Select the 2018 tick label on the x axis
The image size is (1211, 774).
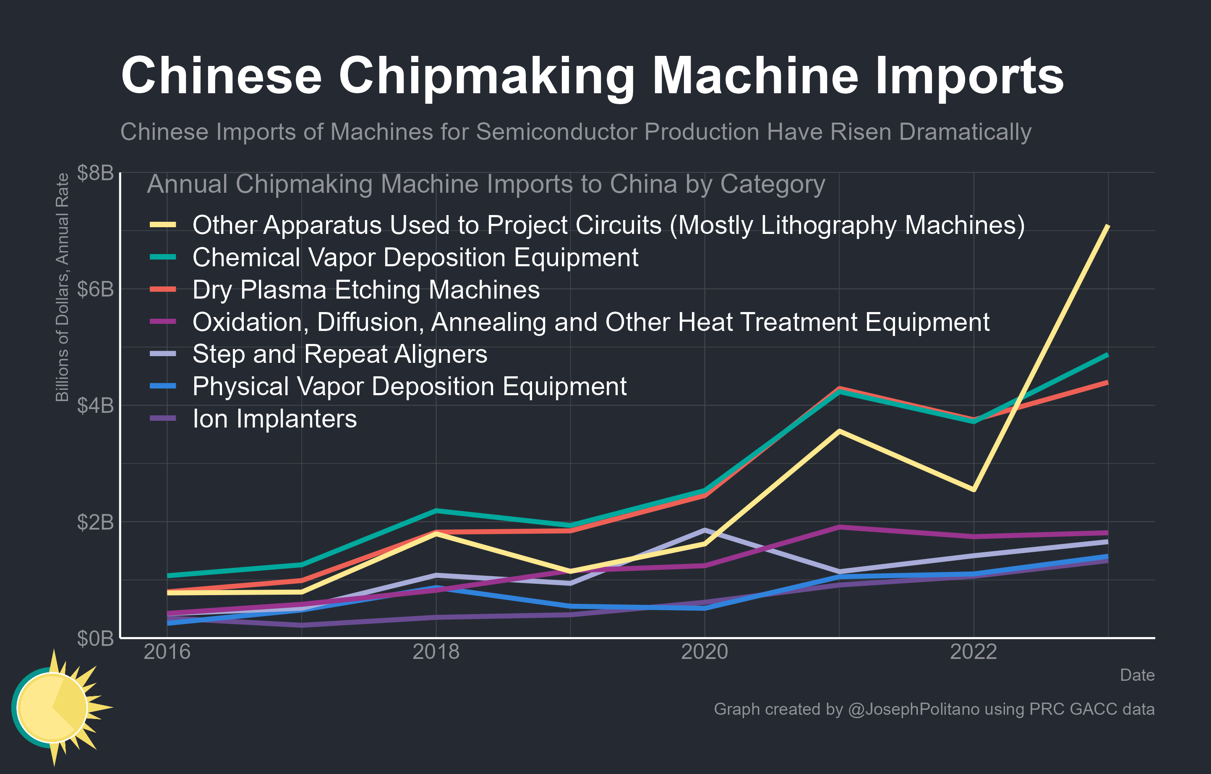tap(436, 652)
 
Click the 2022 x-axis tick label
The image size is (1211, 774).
tap(973, 652)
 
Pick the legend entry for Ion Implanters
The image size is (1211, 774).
tap(274, 419)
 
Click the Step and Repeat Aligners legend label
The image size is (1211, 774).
tap(339, 354)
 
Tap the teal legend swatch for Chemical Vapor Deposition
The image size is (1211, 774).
tap(163, 257)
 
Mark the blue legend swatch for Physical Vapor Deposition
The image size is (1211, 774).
tap(163, 386)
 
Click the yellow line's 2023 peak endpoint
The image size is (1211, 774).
tap(1108, 226)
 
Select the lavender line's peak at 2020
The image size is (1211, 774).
tap(705, 530)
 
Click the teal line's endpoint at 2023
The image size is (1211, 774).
tap(1107, 355)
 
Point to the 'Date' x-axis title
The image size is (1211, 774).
tap(1137, 675)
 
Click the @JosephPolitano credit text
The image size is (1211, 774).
tap(913, 709)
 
